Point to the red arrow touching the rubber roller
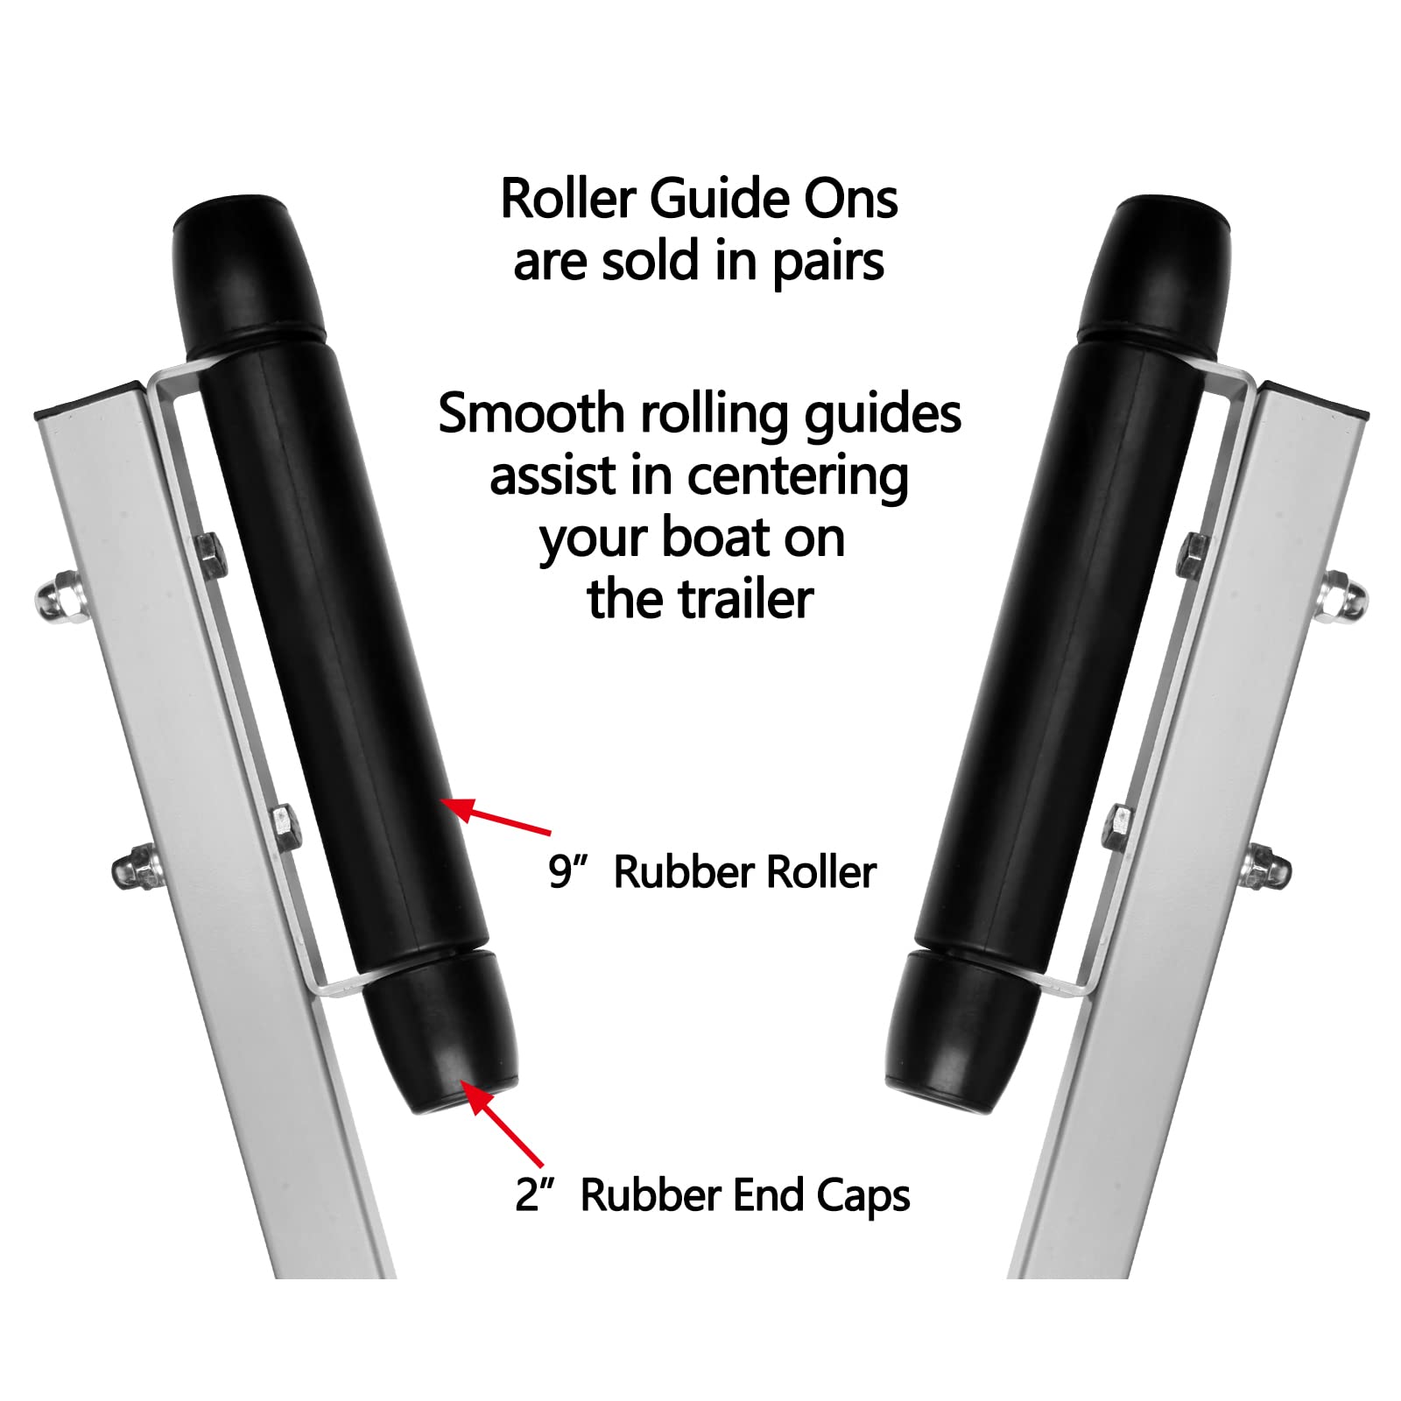[x=496, y=815]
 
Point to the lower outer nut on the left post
[x=137, y=866]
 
